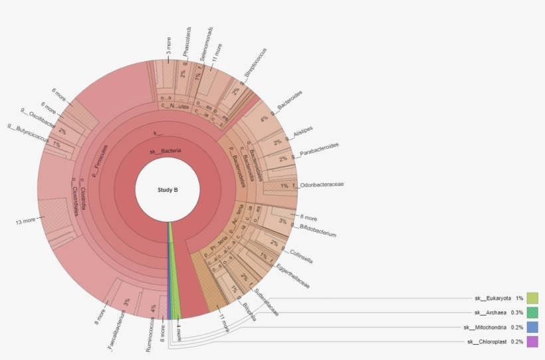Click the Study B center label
pos(167,190)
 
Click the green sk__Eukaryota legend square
pos(532,298)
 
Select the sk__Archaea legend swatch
pos(532,312)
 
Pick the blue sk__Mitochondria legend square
pos(532,327)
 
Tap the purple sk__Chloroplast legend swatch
pos(532,341)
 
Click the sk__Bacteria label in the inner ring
pos(165,151)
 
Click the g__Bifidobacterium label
pos(318,230)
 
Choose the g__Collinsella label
pos(300,256)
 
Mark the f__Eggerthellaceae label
pos(292,274)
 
